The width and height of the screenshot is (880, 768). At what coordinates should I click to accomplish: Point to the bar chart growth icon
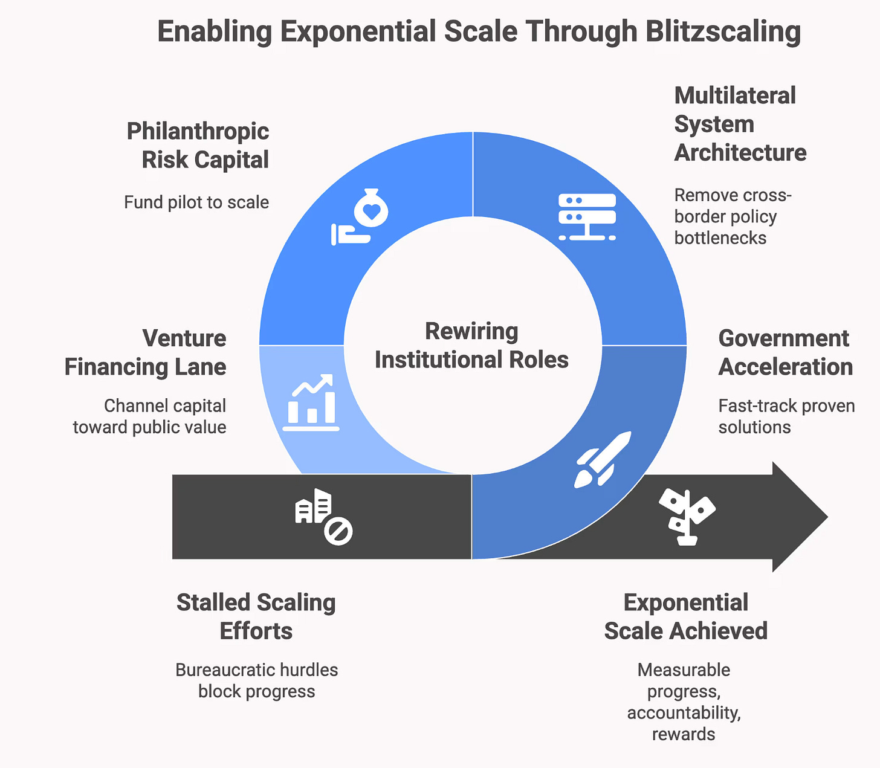311,402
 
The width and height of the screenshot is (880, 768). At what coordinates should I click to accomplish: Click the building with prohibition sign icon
323,517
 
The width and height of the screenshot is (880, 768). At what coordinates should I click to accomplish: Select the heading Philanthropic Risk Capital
198,146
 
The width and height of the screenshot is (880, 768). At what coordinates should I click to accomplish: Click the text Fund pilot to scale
196,202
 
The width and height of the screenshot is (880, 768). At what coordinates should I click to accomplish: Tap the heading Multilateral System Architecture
740,124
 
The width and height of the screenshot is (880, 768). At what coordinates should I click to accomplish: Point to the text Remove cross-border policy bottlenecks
733,216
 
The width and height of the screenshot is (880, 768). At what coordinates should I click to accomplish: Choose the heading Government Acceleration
785,352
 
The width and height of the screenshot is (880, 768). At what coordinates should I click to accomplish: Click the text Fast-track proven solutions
786,416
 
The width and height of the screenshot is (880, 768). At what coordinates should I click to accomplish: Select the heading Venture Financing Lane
146,352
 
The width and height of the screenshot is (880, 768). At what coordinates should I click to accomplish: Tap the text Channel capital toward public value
150,416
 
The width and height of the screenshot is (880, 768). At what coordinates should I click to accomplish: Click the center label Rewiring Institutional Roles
471,346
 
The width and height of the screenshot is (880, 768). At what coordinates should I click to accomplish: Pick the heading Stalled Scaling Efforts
256,616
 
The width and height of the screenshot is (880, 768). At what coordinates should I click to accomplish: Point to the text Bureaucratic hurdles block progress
257,680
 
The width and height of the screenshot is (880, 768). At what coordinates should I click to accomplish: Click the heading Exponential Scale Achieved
686,616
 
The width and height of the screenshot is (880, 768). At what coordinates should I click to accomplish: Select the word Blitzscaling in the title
723,31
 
